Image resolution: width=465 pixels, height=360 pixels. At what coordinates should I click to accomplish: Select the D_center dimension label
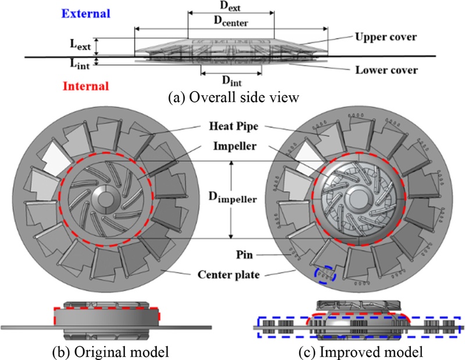231,24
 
